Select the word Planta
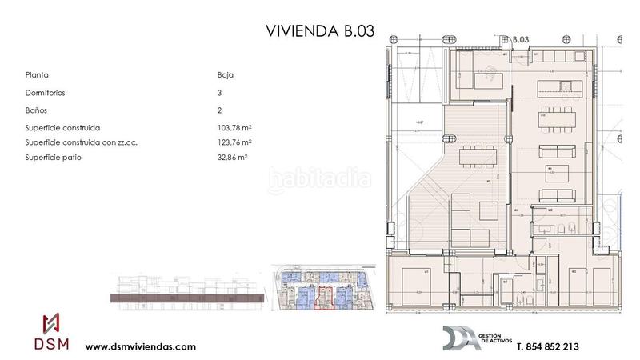pos(37,75)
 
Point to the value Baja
pos(226,75)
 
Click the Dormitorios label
pos(46,93)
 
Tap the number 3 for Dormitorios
pos(219,93)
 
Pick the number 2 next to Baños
pos(219,110)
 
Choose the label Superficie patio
pos(53,158)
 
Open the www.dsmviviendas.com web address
pos(140,347)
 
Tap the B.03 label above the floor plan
pos(521,38)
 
